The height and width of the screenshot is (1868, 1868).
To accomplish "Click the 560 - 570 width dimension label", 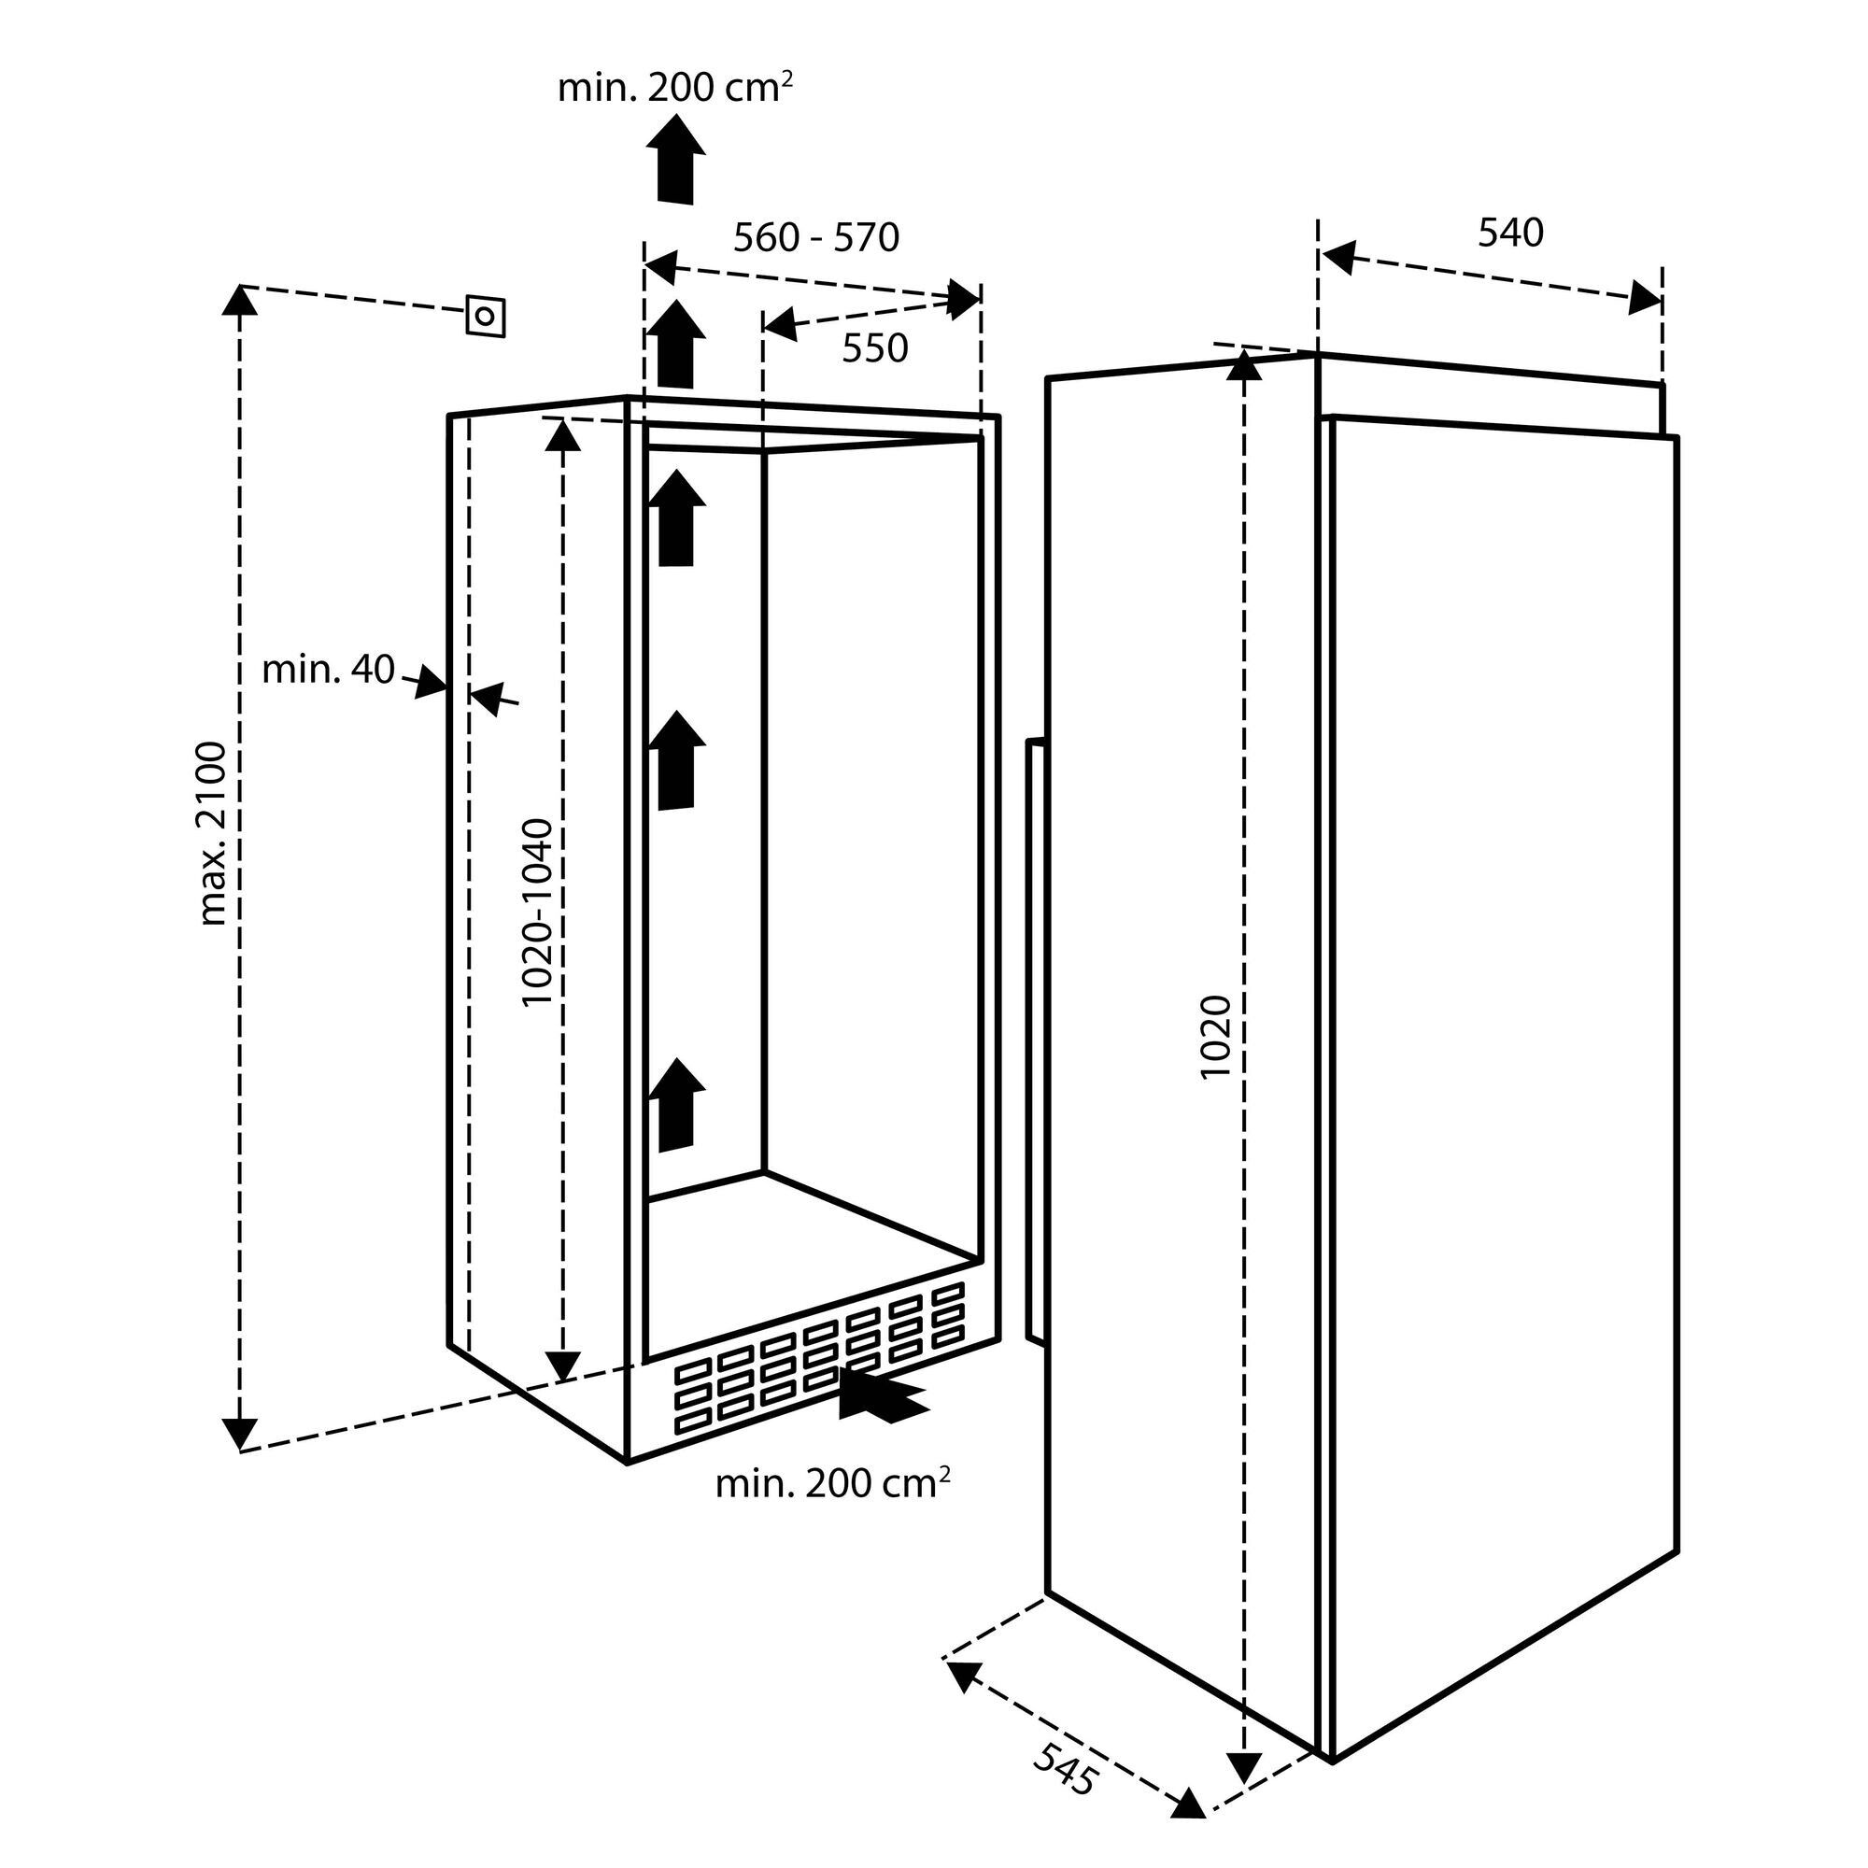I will pos(816,237).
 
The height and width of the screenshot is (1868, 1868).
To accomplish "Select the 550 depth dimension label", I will pos(874,349).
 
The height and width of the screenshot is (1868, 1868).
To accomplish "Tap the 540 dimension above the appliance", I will pos(1510,233).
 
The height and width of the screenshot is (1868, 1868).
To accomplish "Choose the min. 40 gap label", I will pos(329,669).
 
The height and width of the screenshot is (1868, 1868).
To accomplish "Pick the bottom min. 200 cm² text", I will pos(831,1484).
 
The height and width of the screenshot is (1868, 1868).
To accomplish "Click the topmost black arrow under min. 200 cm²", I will pos(676,159).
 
